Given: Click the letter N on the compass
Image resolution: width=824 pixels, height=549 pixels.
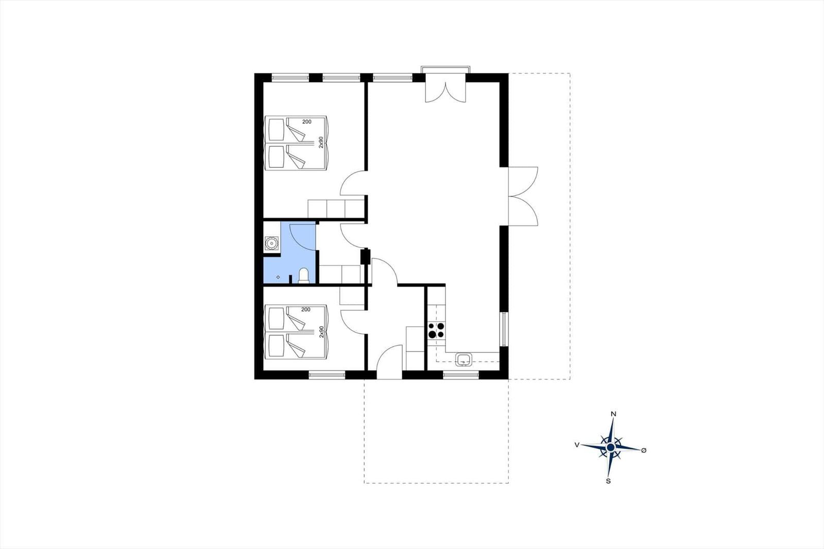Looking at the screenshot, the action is (x=613, y=414).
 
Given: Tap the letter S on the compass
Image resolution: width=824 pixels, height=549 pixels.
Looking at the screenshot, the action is (x=608, y=481).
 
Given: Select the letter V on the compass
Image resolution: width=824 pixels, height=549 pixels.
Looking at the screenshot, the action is (x=577, y=444).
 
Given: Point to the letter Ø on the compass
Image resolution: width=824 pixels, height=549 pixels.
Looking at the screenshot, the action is (x=644, y=450).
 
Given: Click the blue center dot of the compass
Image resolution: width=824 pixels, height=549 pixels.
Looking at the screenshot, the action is (x=611, y=447).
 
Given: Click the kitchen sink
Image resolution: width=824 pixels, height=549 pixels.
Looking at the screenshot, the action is (x=464, y=359).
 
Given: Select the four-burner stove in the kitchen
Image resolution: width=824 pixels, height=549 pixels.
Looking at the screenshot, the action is (x=436, y=331).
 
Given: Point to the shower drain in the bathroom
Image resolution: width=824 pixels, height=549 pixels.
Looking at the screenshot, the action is (x=278, y=277).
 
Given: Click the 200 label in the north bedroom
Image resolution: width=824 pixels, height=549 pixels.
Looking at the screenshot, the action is (x=307, y=122).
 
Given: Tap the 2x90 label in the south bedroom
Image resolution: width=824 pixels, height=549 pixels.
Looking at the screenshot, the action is (x=321, y=332).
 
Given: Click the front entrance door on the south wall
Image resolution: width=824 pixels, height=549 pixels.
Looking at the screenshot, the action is (x=390, y=362).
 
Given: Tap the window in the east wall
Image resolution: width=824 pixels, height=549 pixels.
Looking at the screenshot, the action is (x=504, y=329).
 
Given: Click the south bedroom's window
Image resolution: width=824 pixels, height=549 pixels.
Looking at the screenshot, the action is (x=327, y=374).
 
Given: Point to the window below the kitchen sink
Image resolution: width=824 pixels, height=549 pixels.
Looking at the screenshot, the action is (x=461, y=374).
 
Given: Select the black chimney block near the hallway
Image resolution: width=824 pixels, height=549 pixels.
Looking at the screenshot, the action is (x=365, y=256).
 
